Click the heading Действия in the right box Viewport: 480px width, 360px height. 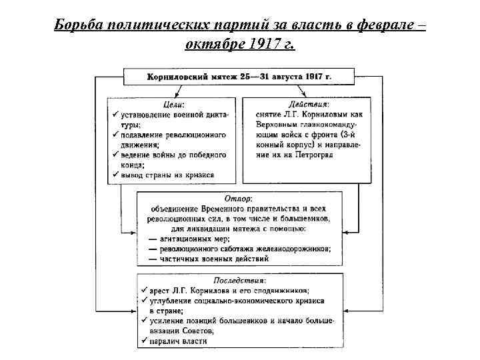pyautogui.click(x=309, y=105)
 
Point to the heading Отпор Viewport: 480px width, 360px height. pyautogui.click(x=239, y=199)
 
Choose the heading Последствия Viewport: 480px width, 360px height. pyautogui.click(x=238, y=281)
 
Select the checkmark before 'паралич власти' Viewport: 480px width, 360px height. pyautogui.click(x=143, y=341)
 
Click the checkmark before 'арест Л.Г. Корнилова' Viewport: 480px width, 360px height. pyautogui.click(x=143, y=291)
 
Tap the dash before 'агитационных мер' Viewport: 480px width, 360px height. pyautogui.click(x=153, y=239)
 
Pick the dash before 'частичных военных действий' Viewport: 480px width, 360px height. pyautogui.click(x=153, y=259)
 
